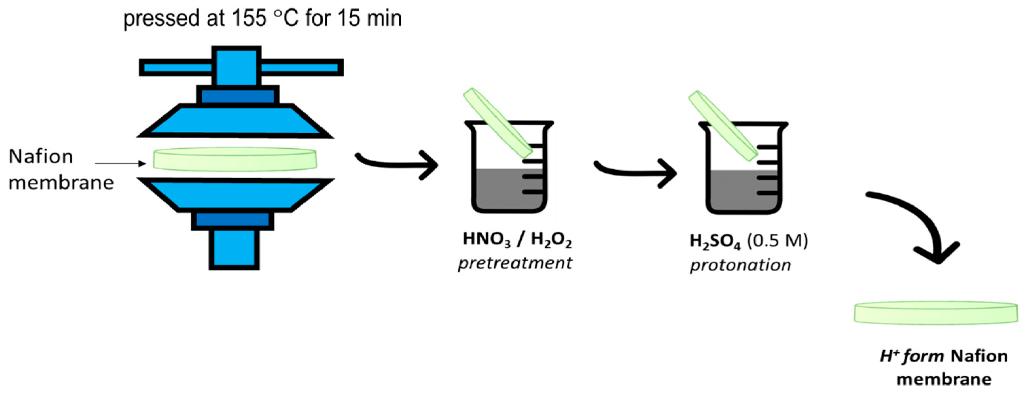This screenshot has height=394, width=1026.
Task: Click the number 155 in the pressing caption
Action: point(250,18)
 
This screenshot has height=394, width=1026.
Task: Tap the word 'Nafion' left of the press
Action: point(41,156)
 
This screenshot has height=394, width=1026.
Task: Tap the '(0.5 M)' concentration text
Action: point(778,240)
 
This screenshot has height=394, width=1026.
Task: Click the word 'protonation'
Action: point(741,265)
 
